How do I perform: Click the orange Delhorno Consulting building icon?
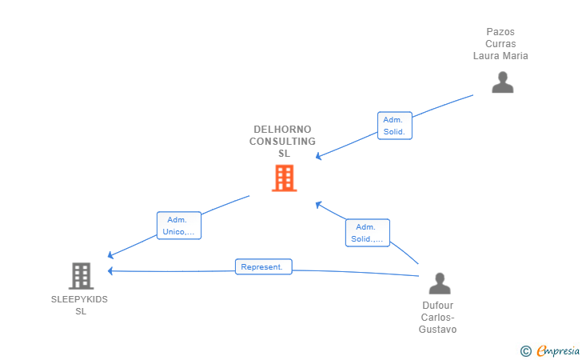[284, 178]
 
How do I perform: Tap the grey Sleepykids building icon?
[81, 276]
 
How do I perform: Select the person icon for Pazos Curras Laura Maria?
[502, 82]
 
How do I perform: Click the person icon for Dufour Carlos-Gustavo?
[439, 283]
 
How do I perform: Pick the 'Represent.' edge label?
[263, 267]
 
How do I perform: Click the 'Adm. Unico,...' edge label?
[178, 226]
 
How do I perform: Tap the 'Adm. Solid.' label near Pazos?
[394, 126]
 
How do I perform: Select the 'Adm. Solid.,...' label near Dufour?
[368, 233]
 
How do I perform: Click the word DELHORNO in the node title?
[282, 130]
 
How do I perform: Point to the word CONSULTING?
[282, 142]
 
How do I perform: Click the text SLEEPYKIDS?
[79, 299]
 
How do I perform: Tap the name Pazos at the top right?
[500, 32]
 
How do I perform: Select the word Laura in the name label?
[486, 56]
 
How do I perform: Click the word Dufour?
[438, 306]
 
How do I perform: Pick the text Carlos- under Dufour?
[438, 318]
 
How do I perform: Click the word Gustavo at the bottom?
[438, 330]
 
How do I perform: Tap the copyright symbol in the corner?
[525, 350]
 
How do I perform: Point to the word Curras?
[500, 44]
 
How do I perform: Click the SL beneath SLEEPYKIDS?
[80, 311]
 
